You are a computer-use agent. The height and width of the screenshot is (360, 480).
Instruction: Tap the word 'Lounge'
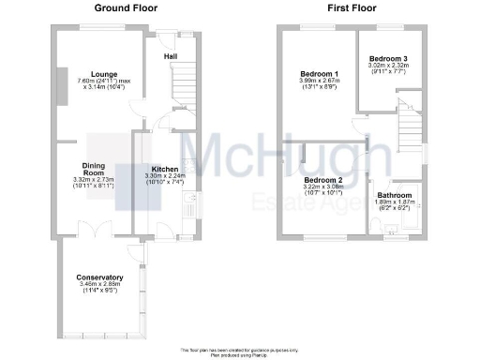[x=103, y=73]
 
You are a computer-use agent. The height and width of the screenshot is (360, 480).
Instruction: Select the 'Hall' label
[x=172, y=56]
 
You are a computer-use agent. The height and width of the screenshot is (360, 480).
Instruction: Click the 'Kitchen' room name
[x=165, y=169]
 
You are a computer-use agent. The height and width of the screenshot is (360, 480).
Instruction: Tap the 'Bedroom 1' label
[x=320, y=73]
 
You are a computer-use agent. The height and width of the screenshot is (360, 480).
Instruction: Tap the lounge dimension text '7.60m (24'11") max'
[x=103, y=81]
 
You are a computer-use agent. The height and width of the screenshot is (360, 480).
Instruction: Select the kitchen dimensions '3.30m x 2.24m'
[x=165, y=176]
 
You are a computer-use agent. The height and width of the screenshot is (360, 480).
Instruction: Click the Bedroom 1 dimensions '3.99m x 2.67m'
[x=320, y=81]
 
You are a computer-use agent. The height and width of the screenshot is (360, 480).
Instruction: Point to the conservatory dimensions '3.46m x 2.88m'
[x=101, y=285]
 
